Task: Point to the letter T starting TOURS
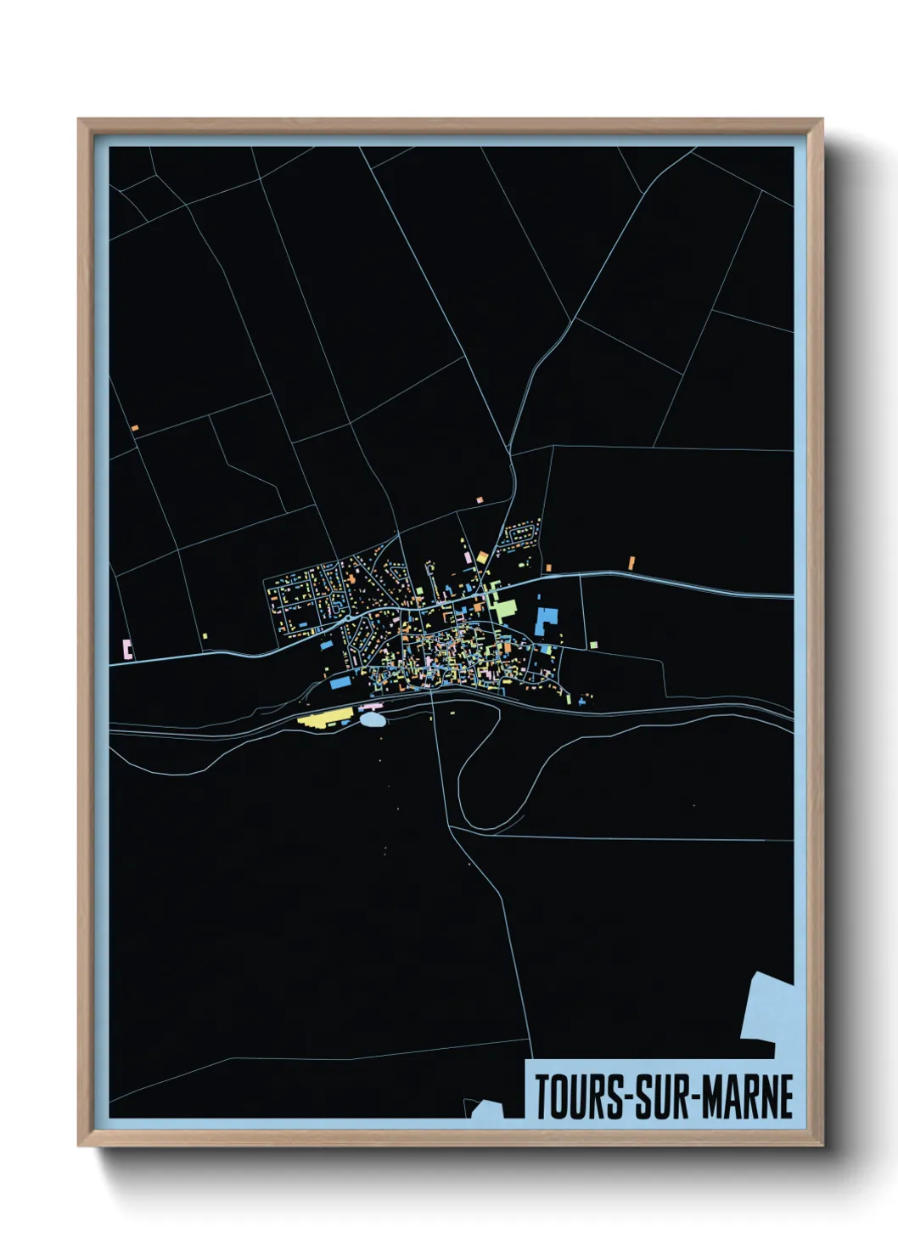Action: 542,1097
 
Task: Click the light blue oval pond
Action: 372,720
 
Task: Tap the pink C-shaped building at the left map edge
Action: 127,650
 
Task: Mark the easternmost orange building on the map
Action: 631,562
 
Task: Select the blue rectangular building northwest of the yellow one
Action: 340,681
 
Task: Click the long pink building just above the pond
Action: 371,705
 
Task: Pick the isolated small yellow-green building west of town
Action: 205,634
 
